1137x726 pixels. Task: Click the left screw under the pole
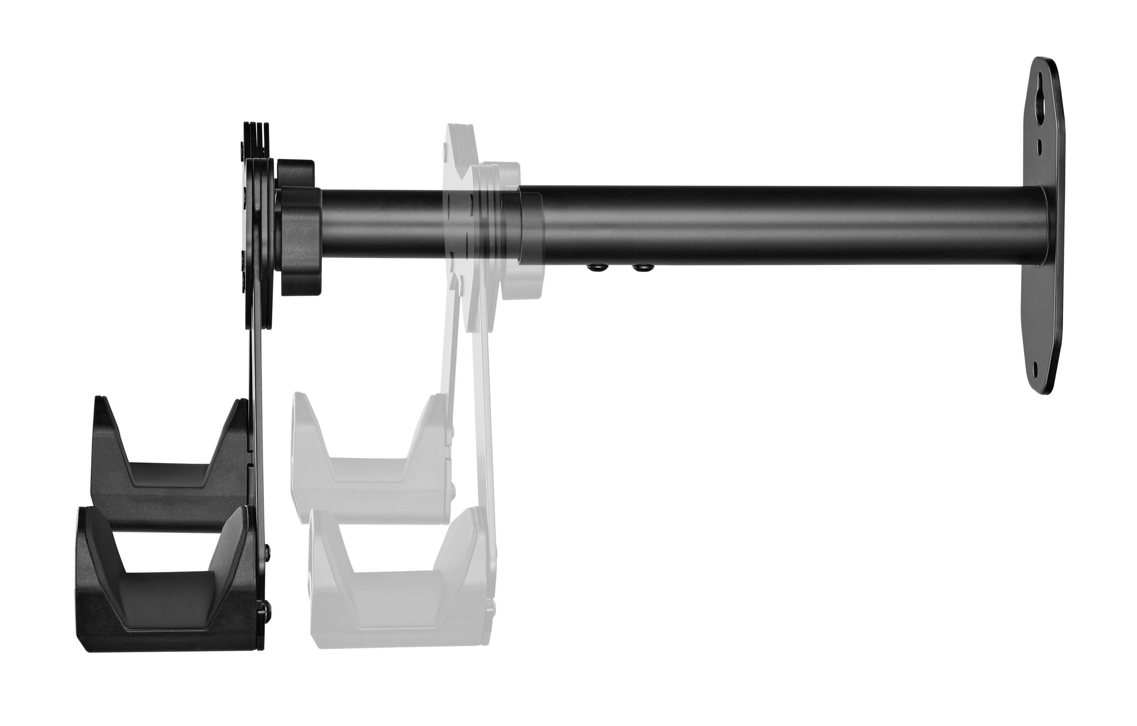click(594, 269)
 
